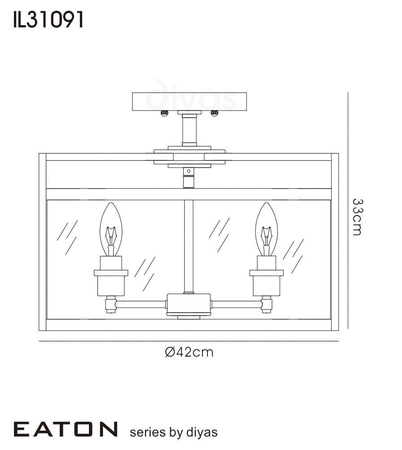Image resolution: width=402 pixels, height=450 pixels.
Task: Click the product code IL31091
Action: [x=48, y=20]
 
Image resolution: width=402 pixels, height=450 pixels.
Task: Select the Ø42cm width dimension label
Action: [x=189, y=352]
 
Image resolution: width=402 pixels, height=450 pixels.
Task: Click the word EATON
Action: [x=66, y=429]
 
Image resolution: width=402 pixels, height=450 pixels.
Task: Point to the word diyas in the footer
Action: [x=202, y=432]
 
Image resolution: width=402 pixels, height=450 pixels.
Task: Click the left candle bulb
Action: [x=111, y=229]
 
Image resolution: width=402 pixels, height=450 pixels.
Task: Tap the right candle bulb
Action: [x=266, y=229]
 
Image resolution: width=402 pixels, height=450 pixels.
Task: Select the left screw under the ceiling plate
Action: [x=164, y=114]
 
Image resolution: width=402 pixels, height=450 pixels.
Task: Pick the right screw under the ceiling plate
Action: [x=214, y=114]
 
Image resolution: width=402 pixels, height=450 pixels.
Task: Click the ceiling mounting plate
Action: [x=190, y=101]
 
